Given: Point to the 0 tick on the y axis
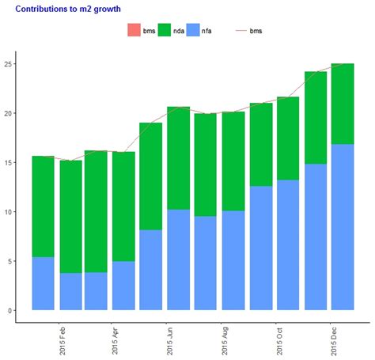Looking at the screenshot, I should coord(9,310).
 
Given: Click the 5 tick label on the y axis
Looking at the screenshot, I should coord(9,261).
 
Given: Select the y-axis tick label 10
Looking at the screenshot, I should coord(8,212).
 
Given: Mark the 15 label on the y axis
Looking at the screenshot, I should coord(8,162).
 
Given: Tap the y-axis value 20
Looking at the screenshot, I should coord(8,113).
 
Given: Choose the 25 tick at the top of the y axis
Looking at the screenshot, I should coord(8,64).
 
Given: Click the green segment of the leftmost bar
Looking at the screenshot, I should coord(44,207).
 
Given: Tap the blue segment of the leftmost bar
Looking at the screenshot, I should coord(44,283).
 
